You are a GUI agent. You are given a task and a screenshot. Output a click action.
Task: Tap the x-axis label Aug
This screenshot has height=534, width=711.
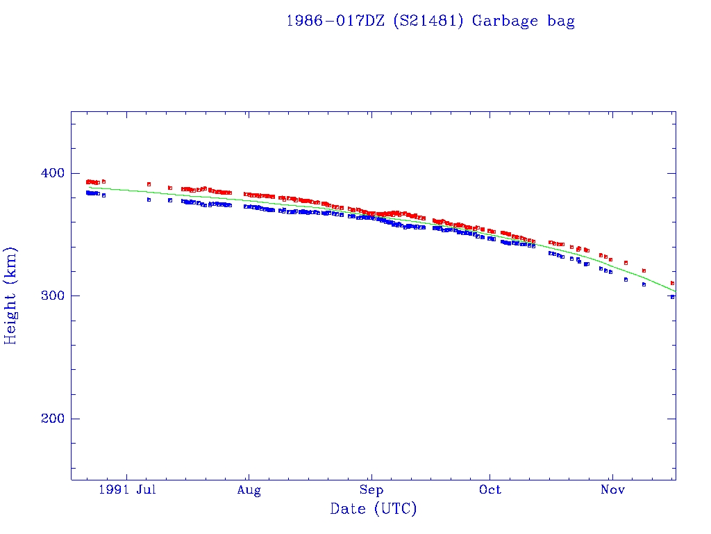(248, 491)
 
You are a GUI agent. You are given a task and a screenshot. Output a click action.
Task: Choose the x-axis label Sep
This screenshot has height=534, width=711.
(371, 491)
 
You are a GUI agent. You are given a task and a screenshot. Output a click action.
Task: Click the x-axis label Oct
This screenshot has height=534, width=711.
(490, 491)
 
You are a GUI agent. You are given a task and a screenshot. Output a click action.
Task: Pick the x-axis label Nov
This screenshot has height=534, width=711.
(612, 491)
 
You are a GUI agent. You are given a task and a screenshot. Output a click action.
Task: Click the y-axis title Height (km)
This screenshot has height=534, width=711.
(11, 296)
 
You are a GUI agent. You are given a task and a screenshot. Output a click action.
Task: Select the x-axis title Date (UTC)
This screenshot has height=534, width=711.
(374, 510)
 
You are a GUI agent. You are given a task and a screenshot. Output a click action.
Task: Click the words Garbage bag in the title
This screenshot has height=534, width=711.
(524, 21)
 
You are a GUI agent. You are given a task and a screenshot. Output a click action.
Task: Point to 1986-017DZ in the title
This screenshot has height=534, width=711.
(335, 21)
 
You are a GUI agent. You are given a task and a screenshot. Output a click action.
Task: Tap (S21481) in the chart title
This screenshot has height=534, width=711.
(428, 21)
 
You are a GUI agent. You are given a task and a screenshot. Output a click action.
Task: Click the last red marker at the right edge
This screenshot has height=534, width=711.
(672, 283)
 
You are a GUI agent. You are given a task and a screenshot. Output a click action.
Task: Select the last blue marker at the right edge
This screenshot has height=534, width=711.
(672, 297)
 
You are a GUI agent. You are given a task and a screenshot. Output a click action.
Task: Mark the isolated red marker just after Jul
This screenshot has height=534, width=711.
(149, 184)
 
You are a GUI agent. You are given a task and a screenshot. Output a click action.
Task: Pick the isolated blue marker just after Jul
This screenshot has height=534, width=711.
(149, 200)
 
